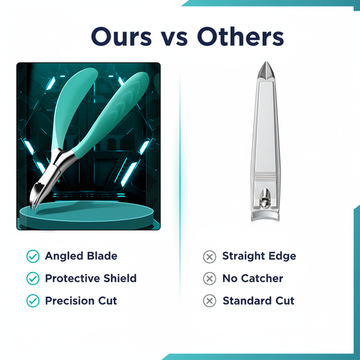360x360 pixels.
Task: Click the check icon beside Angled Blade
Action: (32, 256)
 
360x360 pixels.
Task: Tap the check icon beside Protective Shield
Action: (32, 279)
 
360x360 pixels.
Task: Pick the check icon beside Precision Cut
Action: (32, 301)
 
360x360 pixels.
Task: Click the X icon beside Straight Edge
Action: (209, 256)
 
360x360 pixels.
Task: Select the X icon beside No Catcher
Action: (209, 279)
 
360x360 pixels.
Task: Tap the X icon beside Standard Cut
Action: (209, 301)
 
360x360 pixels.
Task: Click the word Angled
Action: (65, 256)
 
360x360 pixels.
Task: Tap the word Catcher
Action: (262, 279)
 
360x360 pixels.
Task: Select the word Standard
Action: (247, 301)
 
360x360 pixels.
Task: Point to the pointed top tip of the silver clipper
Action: (264, 67)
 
